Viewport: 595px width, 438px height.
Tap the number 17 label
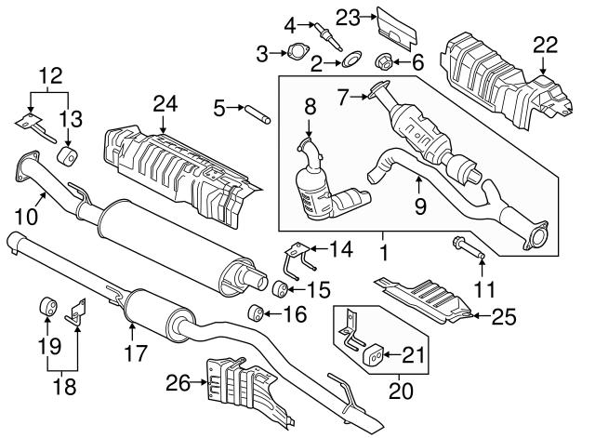[136, 352]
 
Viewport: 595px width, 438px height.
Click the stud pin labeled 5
[256, 115]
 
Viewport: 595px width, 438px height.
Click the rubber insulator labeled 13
[68, 153]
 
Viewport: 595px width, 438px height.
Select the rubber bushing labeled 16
[252, 311]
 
